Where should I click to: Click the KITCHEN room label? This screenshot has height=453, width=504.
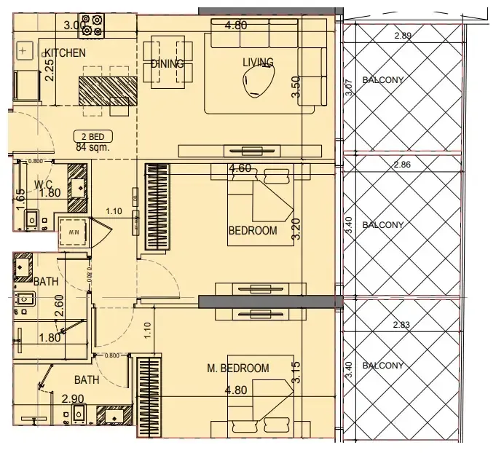coord(65,53)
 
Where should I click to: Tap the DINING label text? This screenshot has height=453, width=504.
coord(167,64)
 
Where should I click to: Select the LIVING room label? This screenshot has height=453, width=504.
coord(258,63)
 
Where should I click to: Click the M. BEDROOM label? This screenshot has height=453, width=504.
coord(237,369)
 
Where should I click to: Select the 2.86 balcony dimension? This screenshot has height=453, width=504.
coord(402,165)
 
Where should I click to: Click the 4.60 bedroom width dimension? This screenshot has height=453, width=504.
coord(240,169)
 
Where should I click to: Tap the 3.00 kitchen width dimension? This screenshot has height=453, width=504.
coord(75,25)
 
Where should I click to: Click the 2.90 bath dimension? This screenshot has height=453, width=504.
coord(72,399)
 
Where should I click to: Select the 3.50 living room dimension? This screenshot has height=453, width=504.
coord(296,86)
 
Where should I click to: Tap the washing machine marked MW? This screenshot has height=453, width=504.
coord(73,232)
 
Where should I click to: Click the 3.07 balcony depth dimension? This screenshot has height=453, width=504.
coord(349,87)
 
